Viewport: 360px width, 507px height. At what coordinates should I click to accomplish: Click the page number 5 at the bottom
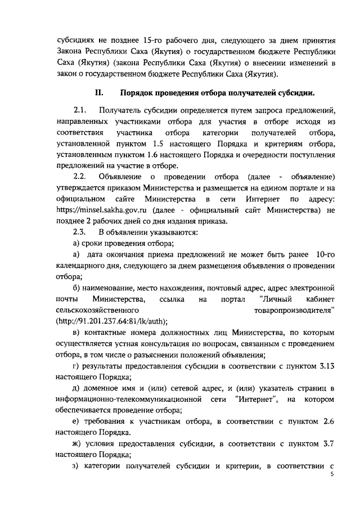331,474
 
